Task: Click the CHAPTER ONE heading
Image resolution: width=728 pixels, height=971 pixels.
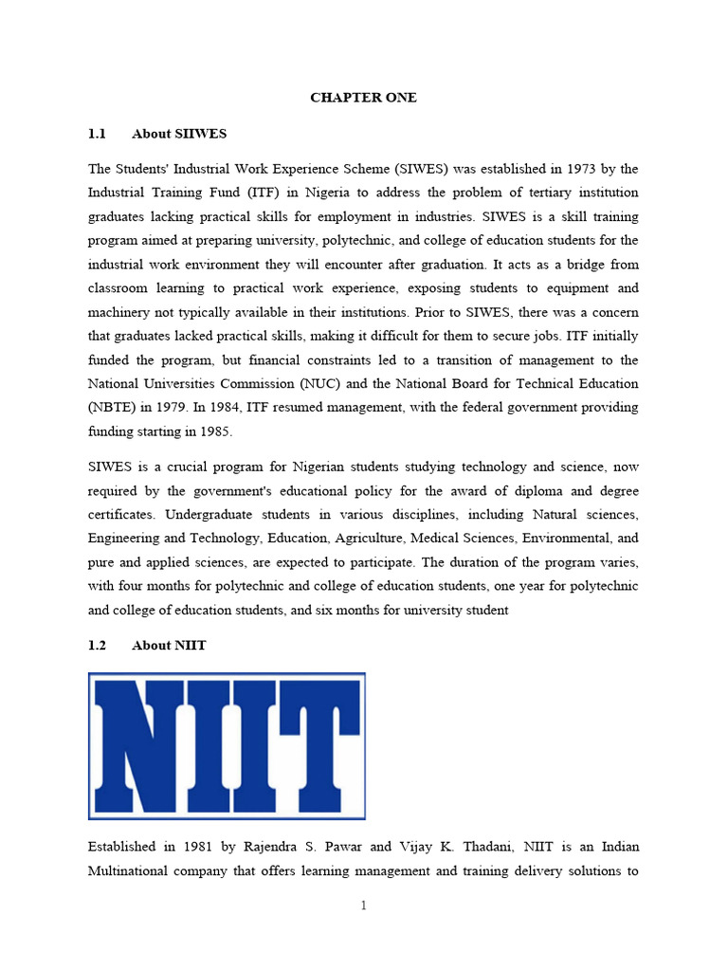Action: tap(363, 98)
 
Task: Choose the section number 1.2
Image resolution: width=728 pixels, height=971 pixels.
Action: tap(97, 646)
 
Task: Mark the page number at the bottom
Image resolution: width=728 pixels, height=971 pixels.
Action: tap(363, 906)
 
